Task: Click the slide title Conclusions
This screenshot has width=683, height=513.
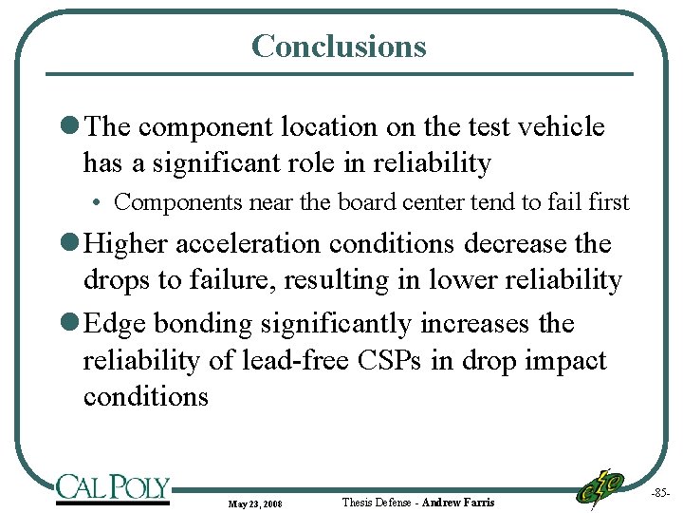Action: tap(339, 46)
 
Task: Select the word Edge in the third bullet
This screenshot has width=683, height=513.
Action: tap(115, 323)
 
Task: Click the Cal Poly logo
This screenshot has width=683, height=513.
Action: tap(112, 487)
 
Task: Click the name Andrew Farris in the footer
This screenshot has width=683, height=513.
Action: tap(458, 502)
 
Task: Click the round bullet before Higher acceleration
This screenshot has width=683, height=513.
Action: tap(73, 244)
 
